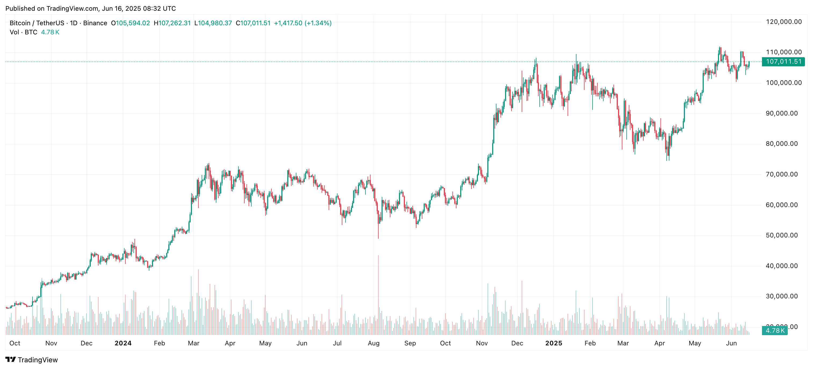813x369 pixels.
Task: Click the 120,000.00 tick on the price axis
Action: pos(784,22)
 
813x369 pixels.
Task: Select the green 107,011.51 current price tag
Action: pos(783,61)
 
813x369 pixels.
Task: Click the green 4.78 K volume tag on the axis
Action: pos(775,331)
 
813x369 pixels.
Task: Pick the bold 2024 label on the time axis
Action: pos(123,343)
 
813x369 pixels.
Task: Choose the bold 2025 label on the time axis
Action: pos(554,343)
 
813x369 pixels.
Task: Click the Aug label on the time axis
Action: pos(374,343)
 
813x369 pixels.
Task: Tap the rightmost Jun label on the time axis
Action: pos(731,343)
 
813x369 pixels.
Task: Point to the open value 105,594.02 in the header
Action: pos(133,23)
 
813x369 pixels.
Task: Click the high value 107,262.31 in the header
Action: pos(175,23)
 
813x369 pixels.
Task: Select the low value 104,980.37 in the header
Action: pos(215,23)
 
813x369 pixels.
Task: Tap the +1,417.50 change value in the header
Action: pos(288,23)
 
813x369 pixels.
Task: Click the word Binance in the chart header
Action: pos(95,23)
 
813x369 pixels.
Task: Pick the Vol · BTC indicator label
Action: pos(23,32)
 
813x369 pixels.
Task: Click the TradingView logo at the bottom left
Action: pos(32,360)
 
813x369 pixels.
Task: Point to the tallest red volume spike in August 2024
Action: pos(378,295)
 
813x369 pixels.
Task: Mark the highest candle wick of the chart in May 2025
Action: pos(720,47)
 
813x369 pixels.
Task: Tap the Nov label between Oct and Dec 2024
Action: pos(482,343)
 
